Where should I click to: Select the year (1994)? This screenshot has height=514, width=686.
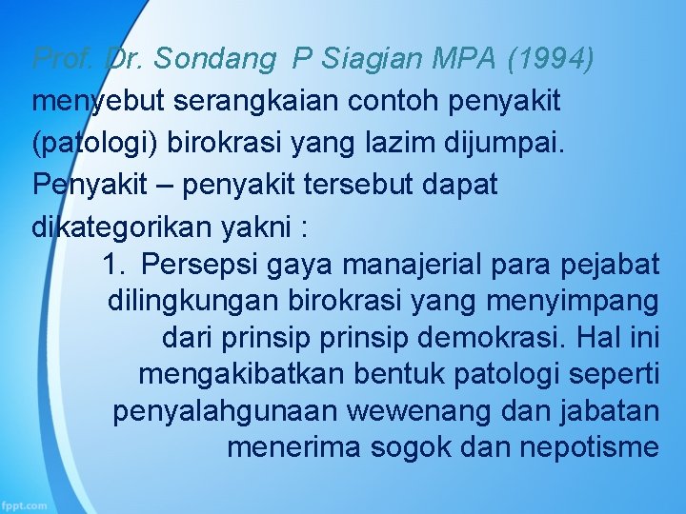pos(552,59)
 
